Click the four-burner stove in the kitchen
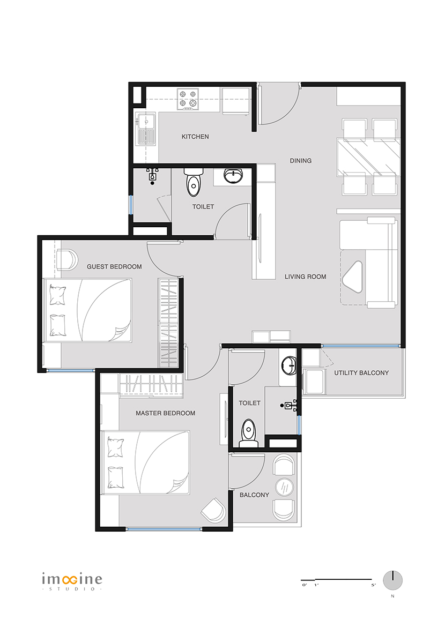coord(188,99)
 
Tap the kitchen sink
coord(146,129)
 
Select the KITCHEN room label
coord(195,137)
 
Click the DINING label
coord(301,161)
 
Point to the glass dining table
coord(368,156)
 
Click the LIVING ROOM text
coord(306,277)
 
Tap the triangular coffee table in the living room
coord(353,277)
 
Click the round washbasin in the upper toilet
coord(233,176)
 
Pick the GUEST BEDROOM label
coord(114,267)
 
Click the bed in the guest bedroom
coord(87,310)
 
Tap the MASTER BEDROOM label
coord(166,413)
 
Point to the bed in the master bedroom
coord(145,462)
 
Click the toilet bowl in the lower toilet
coord(249,432)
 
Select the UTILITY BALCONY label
coord(361,372)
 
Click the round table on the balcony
coord(285,488)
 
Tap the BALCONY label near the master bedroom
coord(254,495)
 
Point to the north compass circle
coord(392,580)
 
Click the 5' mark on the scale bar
coord(373,585)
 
